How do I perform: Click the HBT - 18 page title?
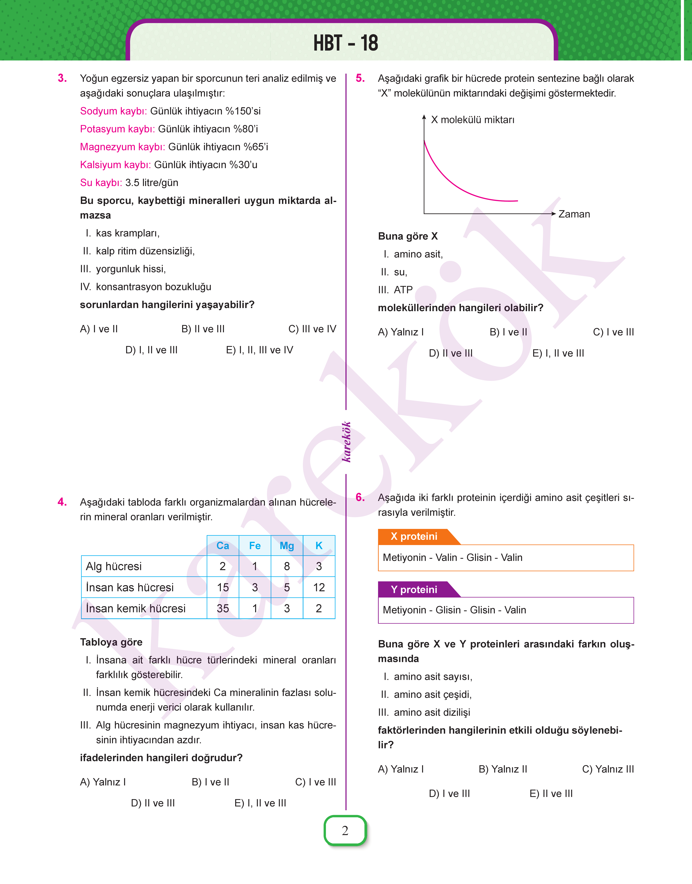(x=346, y=43)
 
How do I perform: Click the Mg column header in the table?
(x=287, y=545)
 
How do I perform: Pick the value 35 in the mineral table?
(x=223, y=608)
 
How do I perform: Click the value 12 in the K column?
(x=319, y=587)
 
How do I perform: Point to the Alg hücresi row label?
(x=114, y=566)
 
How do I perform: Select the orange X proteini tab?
(x=414, y=537)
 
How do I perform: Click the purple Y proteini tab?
(x=414, y=590)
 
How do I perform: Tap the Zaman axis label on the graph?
(x=574, y=214)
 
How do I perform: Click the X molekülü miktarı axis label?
(x=472, y=120)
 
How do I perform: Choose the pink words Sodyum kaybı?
(x=113, y=111)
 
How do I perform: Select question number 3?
(x=62, y=78)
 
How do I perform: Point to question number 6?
(x=360, y=497)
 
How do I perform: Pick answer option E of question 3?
(x=259, y=350)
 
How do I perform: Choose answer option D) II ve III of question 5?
(x=451, y=353)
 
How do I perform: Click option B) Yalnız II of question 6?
(x=503, y=769)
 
